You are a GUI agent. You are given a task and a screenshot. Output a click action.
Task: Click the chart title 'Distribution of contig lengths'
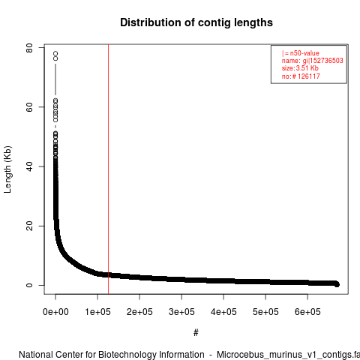point(196,22)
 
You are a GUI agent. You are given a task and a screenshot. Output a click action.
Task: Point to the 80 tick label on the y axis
point(29,48)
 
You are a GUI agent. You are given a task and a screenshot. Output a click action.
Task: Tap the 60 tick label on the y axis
point(29,107)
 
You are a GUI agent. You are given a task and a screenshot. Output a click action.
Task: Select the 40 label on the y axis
point(29,166)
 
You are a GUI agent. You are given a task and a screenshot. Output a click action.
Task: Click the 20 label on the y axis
point(29,226)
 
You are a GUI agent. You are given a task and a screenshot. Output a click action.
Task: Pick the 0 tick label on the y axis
point(29,285)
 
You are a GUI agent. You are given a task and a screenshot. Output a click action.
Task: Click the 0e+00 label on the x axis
point(55,312)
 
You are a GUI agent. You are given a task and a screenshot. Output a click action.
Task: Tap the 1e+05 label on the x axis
point(97,312)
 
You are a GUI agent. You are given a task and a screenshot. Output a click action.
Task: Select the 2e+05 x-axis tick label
point(139,312)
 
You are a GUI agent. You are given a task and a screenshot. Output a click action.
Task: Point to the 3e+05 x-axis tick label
point(181,312)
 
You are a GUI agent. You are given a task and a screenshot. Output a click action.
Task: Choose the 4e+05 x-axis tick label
point(223,312)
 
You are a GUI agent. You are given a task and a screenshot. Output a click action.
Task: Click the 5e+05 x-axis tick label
point(265,312)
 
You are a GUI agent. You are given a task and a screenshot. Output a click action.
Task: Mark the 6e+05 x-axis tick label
point(307,312)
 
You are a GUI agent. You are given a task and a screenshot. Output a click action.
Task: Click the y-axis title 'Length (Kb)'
point(7,169)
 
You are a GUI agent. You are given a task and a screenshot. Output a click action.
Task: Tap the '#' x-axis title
point(196,333)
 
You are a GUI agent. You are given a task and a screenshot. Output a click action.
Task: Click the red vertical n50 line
point(108,169)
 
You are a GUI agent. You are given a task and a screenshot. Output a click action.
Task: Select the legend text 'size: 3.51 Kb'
point(300,68)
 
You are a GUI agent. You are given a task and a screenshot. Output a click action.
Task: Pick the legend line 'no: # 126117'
point(301,76)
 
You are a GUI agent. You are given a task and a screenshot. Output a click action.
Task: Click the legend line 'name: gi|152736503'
point(312,61)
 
